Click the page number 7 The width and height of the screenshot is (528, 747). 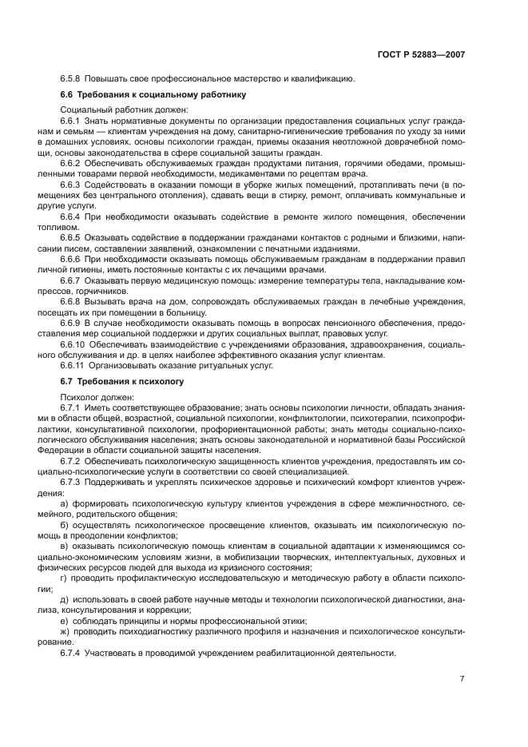[x=462, y=679]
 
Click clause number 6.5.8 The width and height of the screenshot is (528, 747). [x=72, y=78]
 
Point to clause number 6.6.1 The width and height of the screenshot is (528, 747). [x=72, y=121]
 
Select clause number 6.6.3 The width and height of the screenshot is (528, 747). [x=72, y=185]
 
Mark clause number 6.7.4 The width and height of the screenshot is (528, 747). [x=72, y=652]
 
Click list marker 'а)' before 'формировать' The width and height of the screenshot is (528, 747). [x=66, y=505]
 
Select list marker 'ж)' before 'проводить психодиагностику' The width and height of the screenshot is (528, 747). [x=66, y=631]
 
